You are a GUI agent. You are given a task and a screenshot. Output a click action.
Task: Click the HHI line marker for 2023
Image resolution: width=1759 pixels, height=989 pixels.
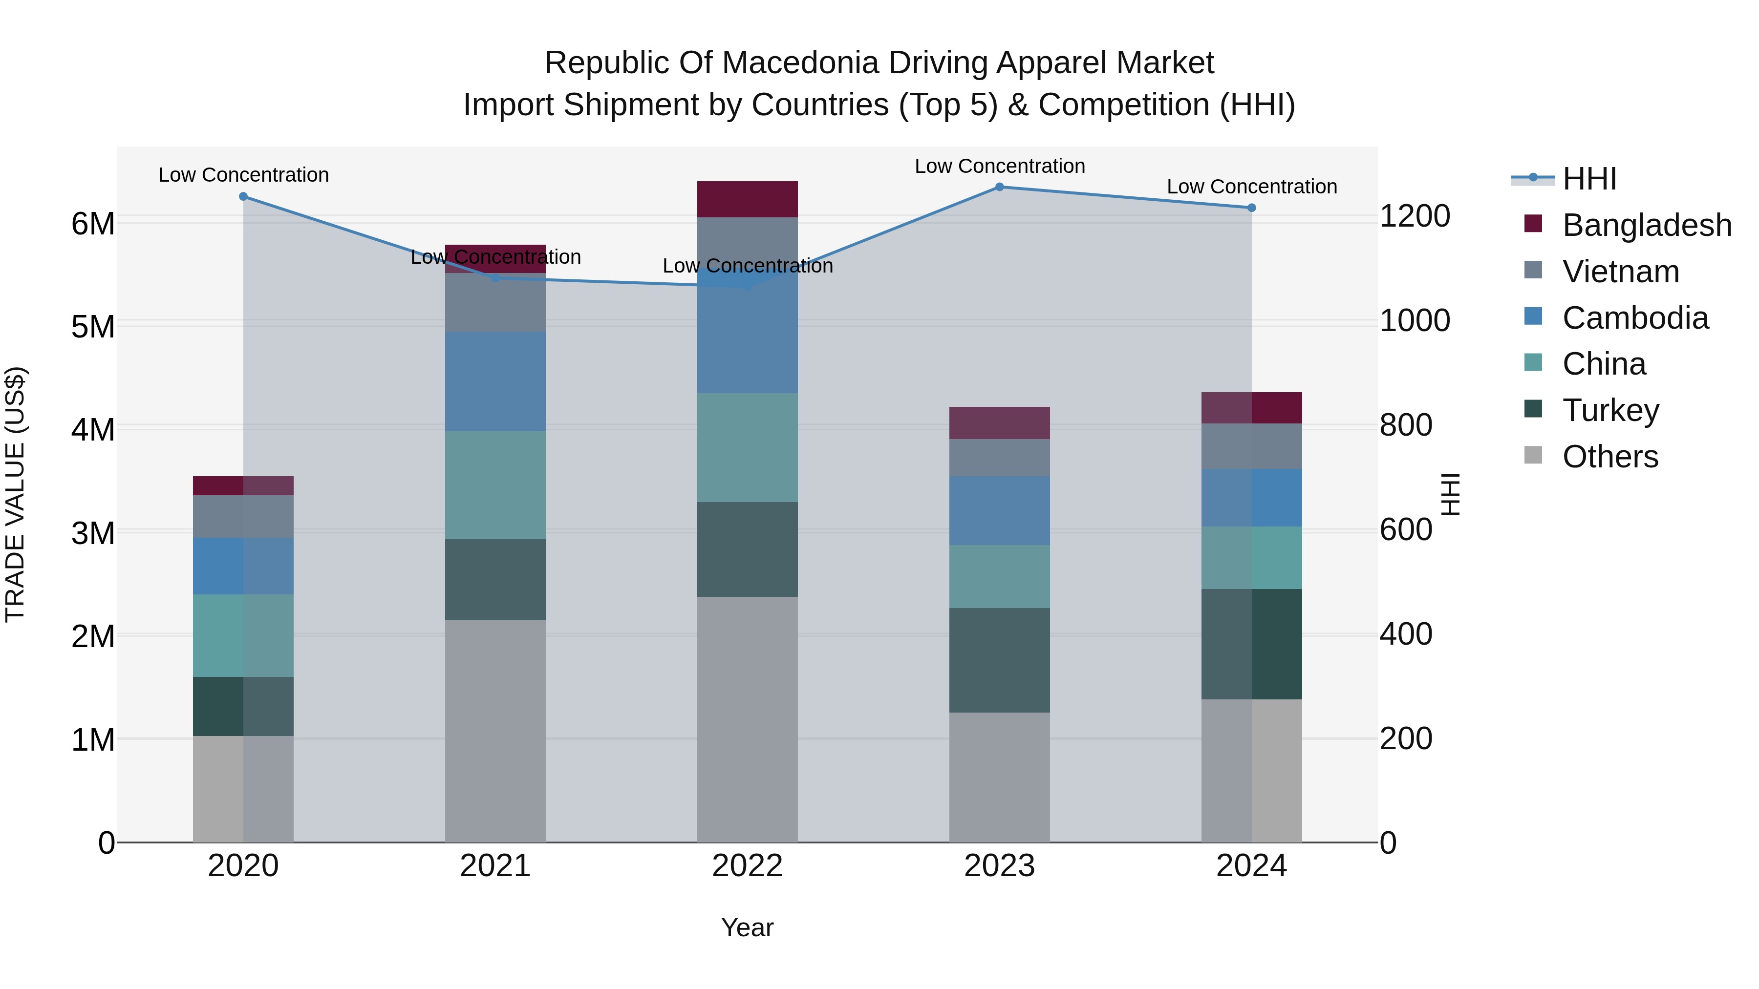[999, 187]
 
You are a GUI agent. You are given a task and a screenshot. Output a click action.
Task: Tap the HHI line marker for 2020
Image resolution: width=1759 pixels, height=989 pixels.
[243, 196]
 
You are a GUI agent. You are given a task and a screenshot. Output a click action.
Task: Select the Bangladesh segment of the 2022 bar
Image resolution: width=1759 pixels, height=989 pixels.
[747, 199]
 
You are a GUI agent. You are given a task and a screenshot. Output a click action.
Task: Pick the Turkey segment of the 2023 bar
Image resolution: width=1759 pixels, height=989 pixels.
[999, 660]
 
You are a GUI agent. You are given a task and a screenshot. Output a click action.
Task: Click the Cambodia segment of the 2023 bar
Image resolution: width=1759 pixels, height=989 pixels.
[999, 510]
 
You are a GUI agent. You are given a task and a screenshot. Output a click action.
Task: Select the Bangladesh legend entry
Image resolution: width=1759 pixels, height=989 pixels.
[1646, 225]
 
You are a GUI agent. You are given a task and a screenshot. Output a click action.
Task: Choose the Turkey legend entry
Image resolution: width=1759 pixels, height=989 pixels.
[1610, 410]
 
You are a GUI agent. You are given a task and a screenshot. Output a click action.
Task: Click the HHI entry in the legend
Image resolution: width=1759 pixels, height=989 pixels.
[1589, 179]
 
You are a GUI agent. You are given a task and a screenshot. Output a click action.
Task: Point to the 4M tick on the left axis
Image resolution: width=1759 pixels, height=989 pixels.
[93, 429]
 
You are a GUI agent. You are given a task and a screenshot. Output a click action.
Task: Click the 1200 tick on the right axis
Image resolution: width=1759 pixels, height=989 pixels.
[1414, 216]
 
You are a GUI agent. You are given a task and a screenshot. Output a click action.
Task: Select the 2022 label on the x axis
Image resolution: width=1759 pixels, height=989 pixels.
[747, 866]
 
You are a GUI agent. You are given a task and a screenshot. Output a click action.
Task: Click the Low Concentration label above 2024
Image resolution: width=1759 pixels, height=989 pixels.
[1251, 187]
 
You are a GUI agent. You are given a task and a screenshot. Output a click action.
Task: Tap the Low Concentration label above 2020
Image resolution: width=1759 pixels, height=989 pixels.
[243, 175]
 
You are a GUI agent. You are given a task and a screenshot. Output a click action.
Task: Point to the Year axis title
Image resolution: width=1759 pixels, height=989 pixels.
[747, 927]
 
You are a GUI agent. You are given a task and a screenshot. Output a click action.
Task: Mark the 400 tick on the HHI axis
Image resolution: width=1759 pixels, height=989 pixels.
[1405, 634]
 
